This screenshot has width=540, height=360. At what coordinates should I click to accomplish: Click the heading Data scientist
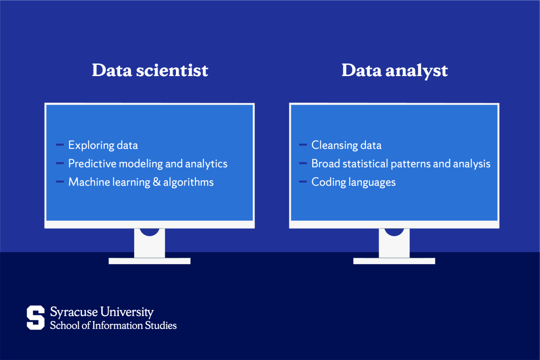[150, 71]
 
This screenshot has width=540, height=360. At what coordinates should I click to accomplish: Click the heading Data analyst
[395, 71]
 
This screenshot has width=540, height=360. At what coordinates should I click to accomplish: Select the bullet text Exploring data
[103, 145]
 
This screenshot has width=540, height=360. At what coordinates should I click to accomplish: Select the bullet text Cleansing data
[346, 145]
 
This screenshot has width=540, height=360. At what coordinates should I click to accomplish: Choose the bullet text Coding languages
[354, 182]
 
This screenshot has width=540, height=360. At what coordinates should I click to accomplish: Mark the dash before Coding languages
[303, 182]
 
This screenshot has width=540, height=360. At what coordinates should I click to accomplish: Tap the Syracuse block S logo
[36, 317]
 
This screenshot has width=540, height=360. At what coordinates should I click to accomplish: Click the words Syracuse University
[102, 312]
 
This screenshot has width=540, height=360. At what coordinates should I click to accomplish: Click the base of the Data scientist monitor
[149, 261]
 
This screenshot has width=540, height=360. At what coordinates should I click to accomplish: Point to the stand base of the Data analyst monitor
[394, 261]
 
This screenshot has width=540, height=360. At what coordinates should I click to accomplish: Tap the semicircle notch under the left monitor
[149, 231]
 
